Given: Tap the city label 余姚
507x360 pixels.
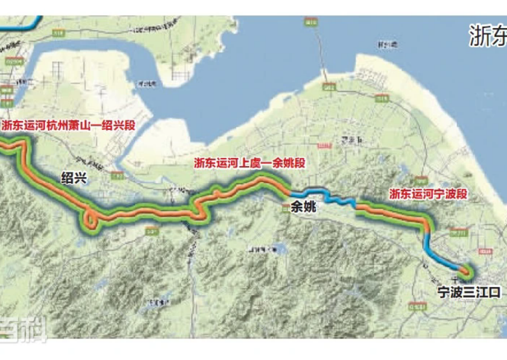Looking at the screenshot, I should click(x=303, y=205).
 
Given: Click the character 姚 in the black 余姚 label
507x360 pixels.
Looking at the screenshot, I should click(x=310, y=205).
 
